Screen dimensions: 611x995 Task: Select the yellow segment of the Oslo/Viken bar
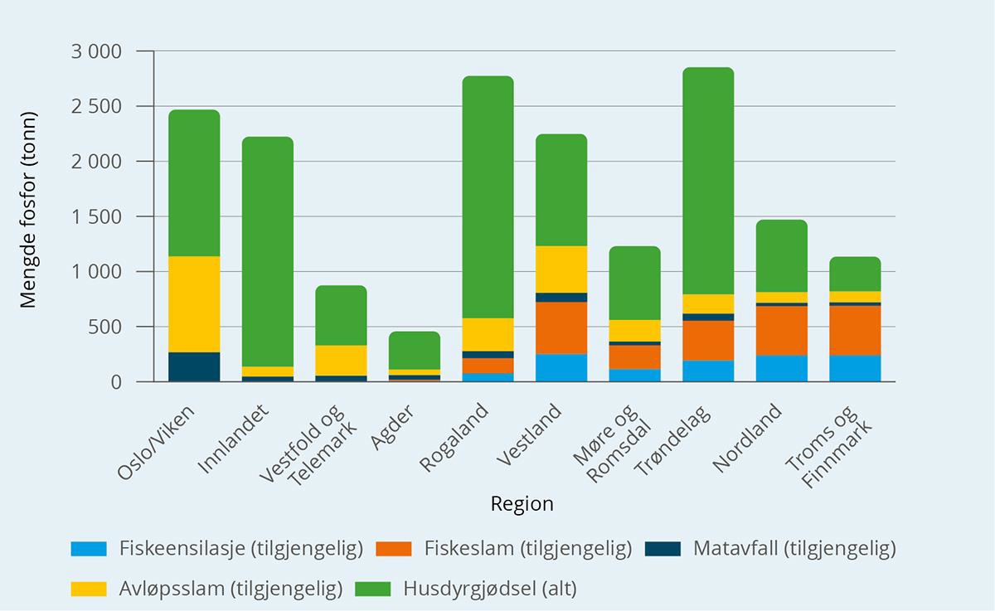pos(194,304)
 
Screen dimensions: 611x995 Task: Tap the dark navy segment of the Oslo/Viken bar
pos(194,366)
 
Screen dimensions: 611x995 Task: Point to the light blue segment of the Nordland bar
pos(781,368)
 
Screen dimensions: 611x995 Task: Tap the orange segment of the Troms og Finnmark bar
pos(855,330)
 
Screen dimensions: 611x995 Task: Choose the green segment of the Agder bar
pos(415,350)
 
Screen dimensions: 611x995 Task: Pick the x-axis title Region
pos(522,504)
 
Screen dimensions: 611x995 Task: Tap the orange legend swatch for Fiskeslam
pos(394,548)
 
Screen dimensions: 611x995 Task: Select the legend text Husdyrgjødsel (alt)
pos(489,589)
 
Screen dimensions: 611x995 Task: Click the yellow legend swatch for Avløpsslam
pos(89,589)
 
